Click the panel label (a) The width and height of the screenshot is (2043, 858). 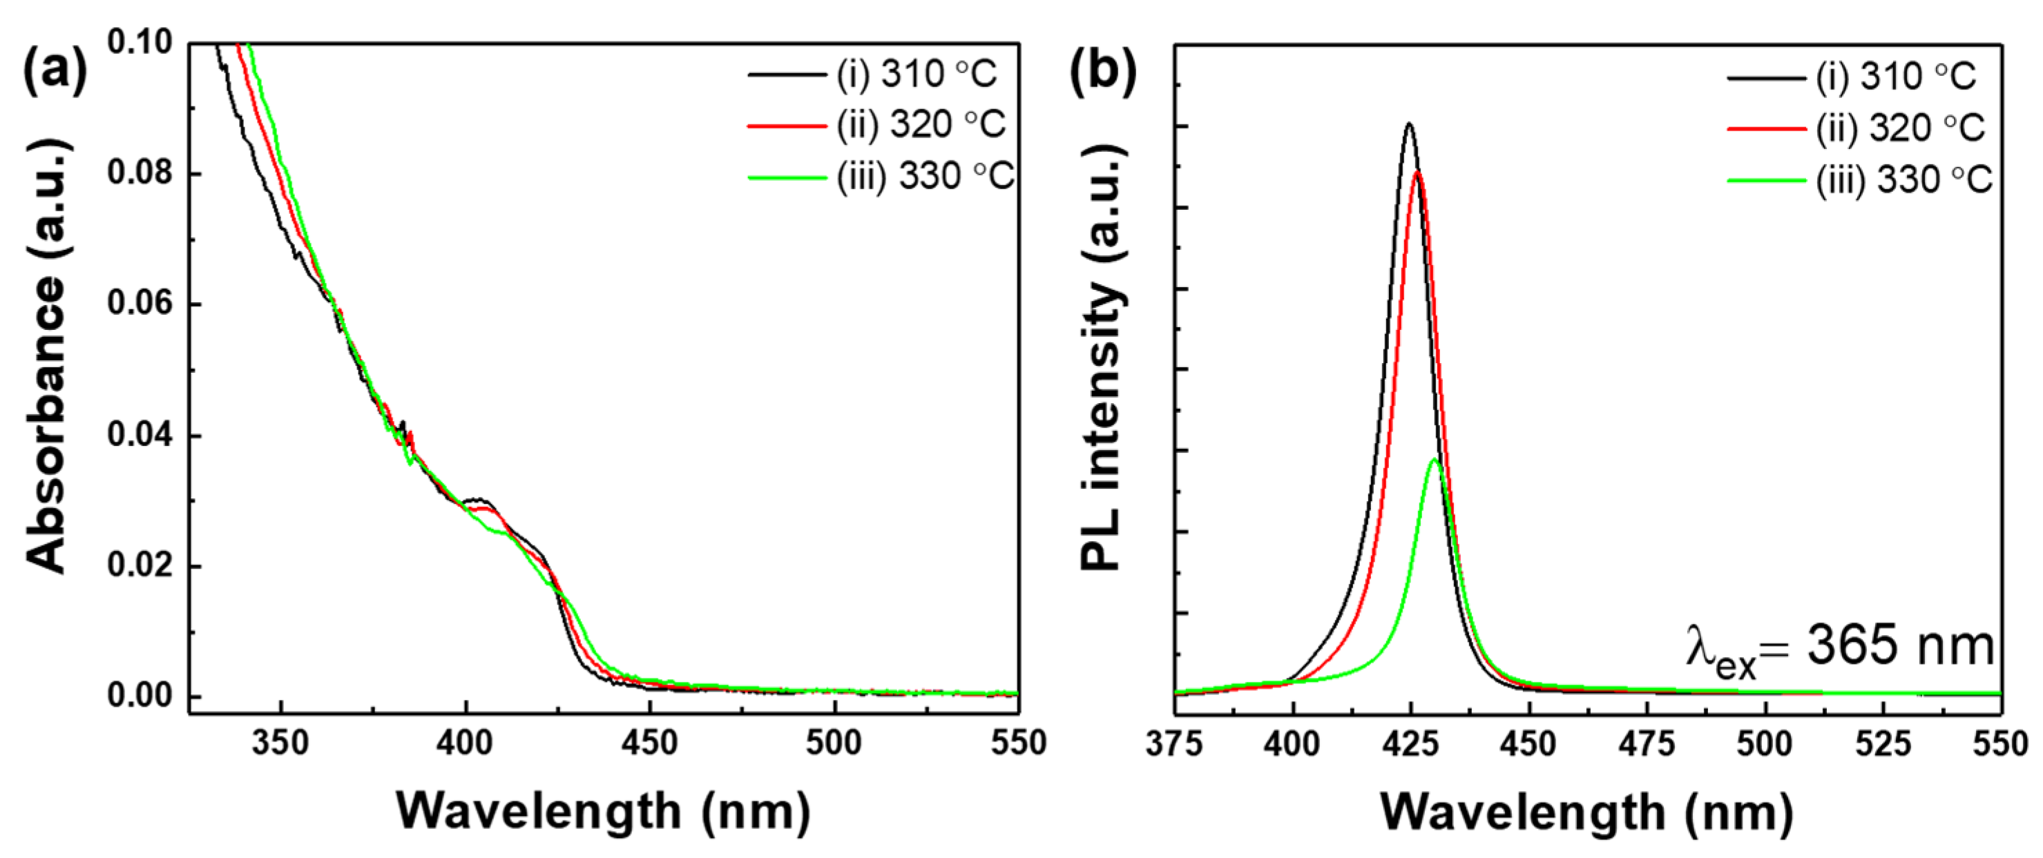click(54, 71)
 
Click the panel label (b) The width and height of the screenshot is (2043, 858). click(1102, 71)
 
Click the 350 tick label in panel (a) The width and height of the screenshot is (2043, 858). click(280, 743)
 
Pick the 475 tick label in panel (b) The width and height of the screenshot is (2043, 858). click(1648, 743)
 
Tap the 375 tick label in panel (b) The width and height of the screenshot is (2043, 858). click(1175, 743)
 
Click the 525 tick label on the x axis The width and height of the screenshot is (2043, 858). click(1883, 743)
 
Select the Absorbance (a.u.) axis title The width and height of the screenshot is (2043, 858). click(46, 357)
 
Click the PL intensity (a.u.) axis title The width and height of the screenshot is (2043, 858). click(1102, 357)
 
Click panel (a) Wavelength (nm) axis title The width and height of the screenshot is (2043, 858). click(603, 811)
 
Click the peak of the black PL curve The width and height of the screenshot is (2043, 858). click(1410, 124)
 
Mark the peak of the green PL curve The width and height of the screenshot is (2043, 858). click(1435, 459)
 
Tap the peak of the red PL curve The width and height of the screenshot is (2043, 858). click(1417, 171)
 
